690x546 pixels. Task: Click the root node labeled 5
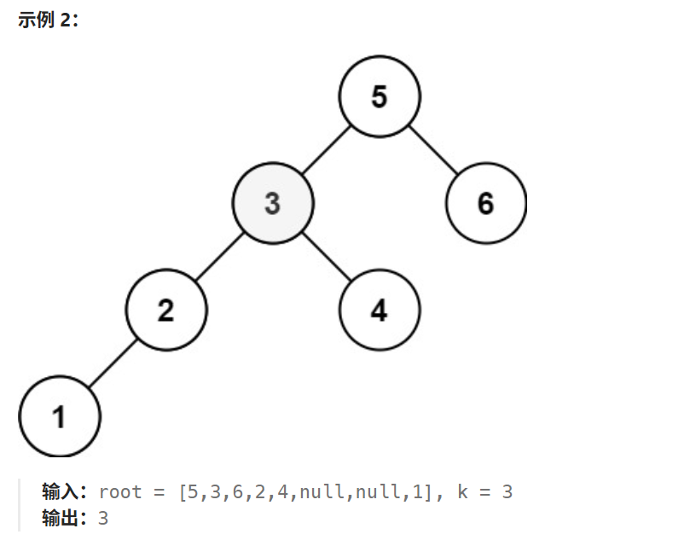click(380, 97)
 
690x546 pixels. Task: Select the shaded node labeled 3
click(273, 204)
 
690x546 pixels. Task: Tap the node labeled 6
click(485, 204)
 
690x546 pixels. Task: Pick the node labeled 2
click(166, 311)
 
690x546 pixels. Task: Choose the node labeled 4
click(380, 311)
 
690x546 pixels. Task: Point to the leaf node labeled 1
click(60, 417)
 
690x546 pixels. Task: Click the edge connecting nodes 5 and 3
click(326, 151)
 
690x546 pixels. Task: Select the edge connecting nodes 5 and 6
click(432, 151)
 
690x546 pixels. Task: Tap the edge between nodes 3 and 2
click(219, 258)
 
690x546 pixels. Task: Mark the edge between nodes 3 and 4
click(326, 258)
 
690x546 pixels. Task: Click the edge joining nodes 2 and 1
click(113, 364)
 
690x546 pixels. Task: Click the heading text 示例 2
click(48, 20)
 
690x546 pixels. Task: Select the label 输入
click(62, 492)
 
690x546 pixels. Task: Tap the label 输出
click(62, 517)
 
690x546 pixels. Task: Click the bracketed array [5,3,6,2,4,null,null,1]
click(306, 492)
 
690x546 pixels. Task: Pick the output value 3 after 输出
click(103, 517)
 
